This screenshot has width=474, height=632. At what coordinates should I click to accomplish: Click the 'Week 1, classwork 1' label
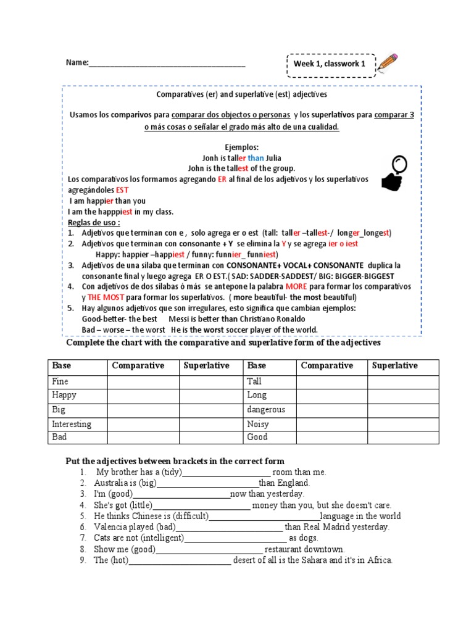329,64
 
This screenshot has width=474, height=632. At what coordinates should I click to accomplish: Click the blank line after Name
167,64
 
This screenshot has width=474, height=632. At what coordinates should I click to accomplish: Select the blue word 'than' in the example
256,157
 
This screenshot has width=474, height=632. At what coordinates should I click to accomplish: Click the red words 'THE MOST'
106,297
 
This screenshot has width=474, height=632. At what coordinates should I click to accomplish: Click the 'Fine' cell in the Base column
60,381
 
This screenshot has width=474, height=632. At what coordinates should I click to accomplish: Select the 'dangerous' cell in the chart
266,409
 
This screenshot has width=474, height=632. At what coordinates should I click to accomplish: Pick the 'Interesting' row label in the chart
72,424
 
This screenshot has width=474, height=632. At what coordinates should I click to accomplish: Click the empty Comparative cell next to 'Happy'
143,395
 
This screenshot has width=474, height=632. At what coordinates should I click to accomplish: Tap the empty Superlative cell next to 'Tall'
403,381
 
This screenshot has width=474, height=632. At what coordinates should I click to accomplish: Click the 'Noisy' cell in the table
257,424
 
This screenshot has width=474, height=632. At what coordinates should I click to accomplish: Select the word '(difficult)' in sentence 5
186,516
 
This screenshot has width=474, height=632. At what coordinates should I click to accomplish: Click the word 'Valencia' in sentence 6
111,527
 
